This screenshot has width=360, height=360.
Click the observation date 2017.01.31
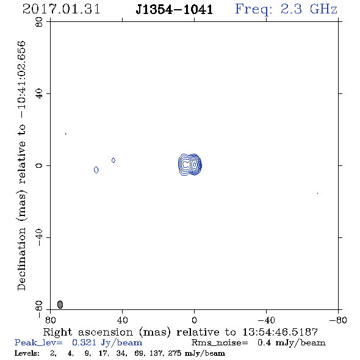tap(61, 9)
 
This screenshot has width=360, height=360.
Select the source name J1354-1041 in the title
tap(175, 9)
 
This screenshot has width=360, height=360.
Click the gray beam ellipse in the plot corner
tap(60, 304)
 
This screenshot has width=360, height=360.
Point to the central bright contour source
tap(190, 165)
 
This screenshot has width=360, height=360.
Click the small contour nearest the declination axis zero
tap(96, 170)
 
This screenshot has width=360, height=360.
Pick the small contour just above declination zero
tap(113, 160)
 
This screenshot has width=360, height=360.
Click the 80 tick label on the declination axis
tap(39, 22)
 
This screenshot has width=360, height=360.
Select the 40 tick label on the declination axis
tap(39, 94)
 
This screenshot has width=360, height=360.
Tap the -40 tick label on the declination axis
tap(39, 237)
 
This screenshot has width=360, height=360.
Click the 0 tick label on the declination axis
tap(39, 165)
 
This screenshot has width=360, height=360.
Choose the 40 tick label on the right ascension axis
tap(122, 320)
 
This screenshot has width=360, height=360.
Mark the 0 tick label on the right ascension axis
tap(194, 320)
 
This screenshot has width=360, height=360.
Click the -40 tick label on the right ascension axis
tap(266, 320)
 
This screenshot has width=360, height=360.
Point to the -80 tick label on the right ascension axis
tap(338, 320)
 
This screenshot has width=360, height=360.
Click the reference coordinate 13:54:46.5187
tap(280, 332)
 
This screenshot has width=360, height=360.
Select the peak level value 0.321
tap(84, 342)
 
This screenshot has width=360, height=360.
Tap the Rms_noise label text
tap(220, 343)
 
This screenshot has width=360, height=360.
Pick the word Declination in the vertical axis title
tap(21, 259)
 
